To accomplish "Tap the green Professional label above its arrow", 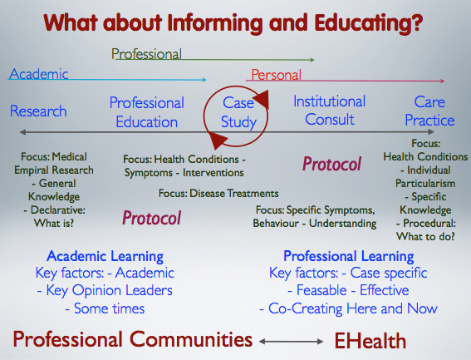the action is [146, 54].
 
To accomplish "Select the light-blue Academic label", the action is [39, 74].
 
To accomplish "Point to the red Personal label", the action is [277, 75].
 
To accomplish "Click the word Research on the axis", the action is [38, 111].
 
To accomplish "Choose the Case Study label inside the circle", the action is [238, 112].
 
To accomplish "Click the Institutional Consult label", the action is [330, 110].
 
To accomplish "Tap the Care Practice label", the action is [429, 111].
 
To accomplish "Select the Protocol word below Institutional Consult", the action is [331, 165].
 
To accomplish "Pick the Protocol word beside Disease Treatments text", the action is [151, 218].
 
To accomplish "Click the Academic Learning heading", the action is [105, 256].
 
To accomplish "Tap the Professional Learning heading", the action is [349, 256].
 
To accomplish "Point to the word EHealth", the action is [370, 341].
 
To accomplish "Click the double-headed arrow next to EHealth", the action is [291, 342].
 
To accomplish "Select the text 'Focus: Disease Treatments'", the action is [218, 193].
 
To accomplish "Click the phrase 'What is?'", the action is [54, 223].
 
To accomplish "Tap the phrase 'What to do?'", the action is [425, 236].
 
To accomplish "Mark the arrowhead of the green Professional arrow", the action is [312, 60].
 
